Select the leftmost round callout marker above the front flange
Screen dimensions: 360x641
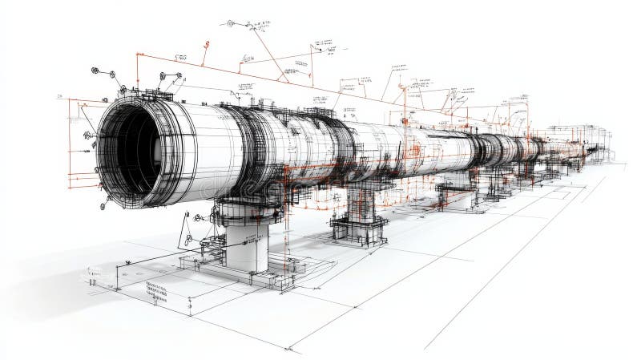click(x=95, y=71)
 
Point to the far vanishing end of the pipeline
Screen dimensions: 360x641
click(x=597, y=148)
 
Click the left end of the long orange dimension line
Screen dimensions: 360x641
click(x=138, y=55)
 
